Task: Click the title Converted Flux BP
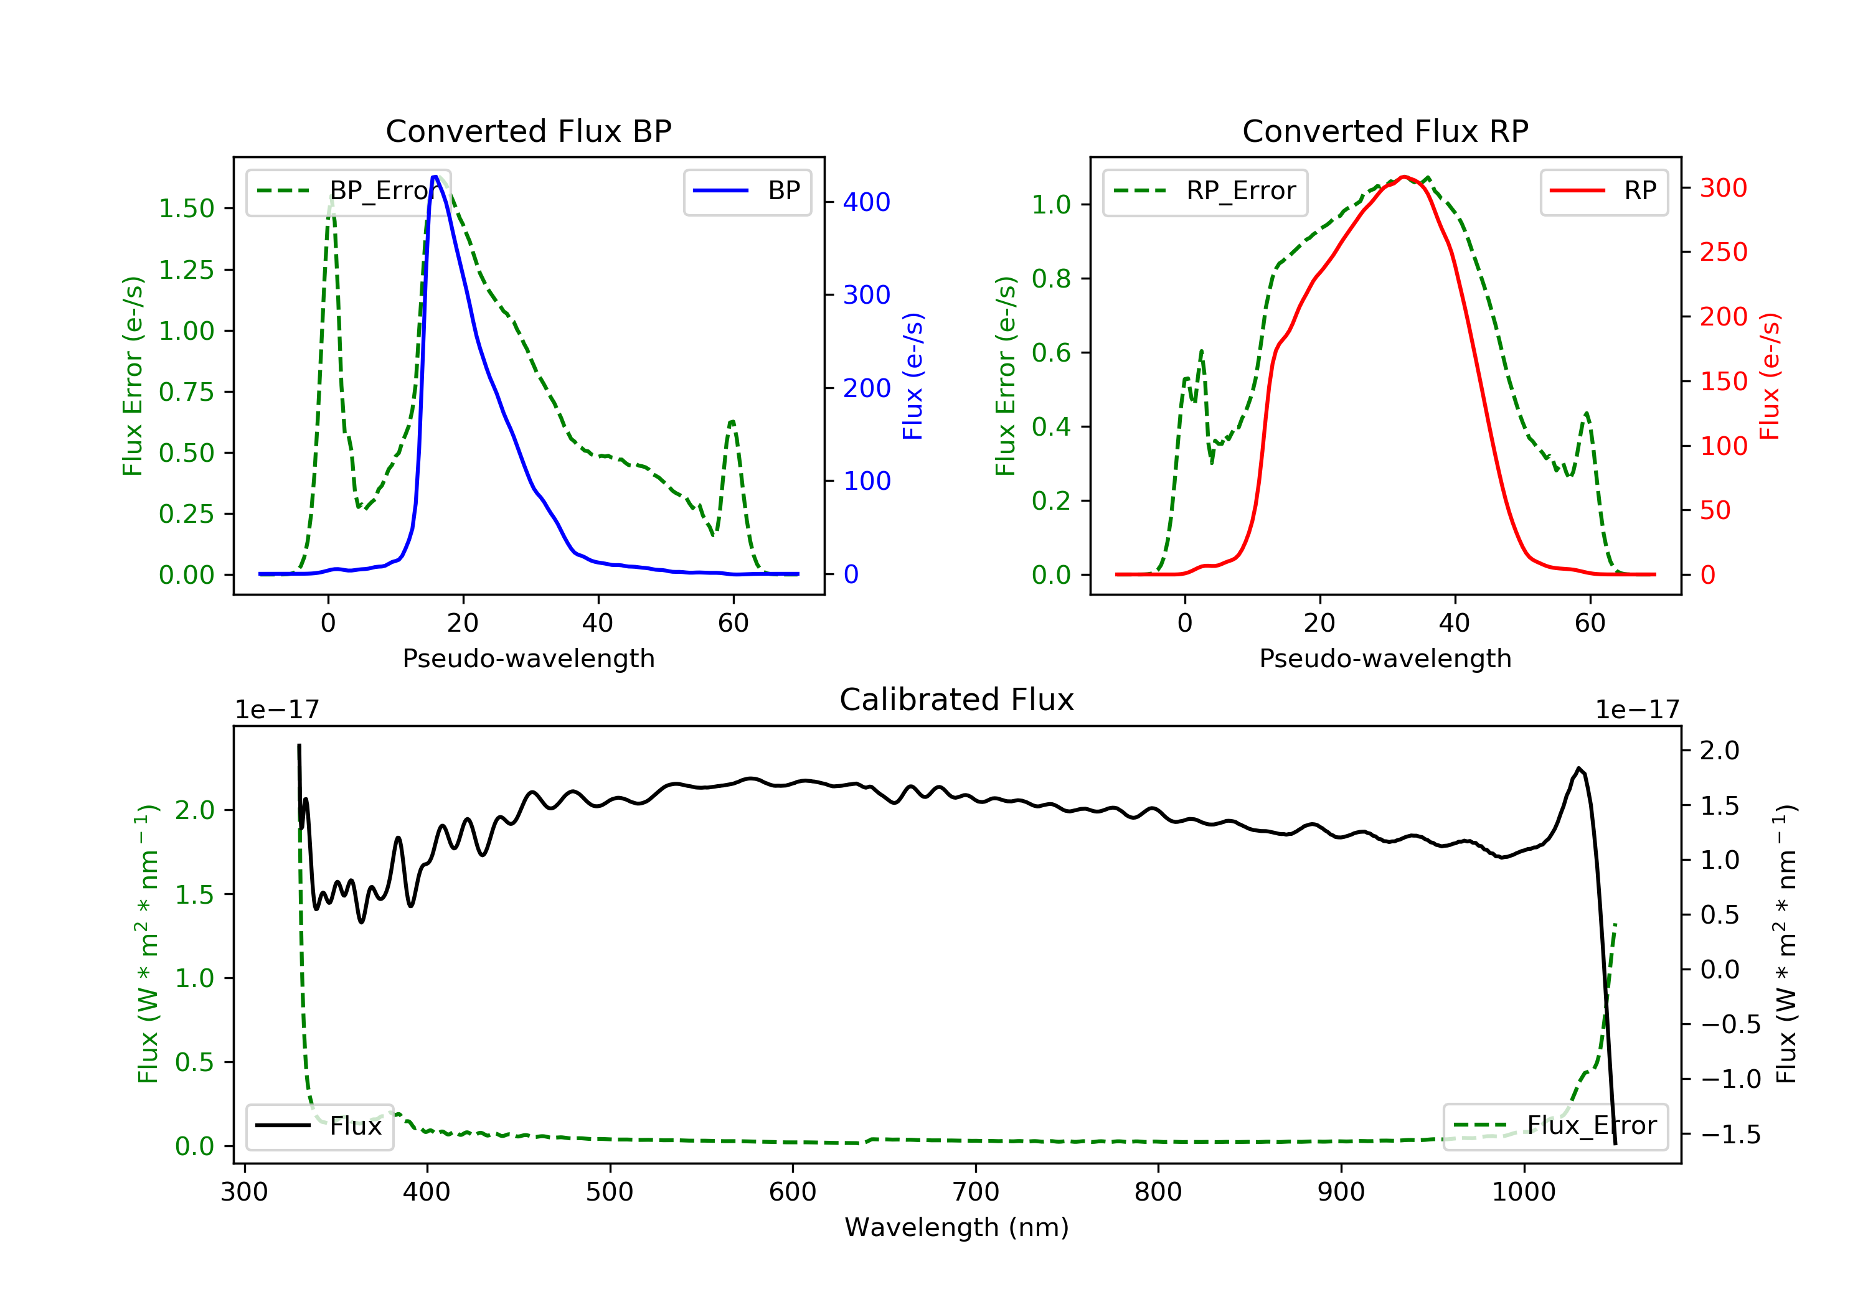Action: [528, 131]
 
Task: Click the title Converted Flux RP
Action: [1385, 131]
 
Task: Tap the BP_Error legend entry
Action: [348, 191]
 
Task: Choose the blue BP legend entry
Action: [747, 191]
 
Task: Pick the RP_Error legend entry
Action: [1204, 191]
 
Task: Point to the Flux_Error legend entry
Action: [1555, 1126]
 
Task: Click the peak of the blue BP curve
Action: [435, 177]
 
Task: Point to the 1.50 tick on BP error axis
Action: [186, 208]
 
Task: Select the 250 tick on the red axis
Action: [1723, 252]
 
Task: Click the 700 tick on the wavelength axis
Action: [976, 1192]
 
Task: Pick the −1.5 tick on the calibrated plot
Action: [1730, 1135]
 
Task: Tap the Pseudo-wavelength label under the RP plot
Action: [1385, 658]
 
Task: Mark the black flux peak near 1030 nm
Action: [1578, 769]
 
